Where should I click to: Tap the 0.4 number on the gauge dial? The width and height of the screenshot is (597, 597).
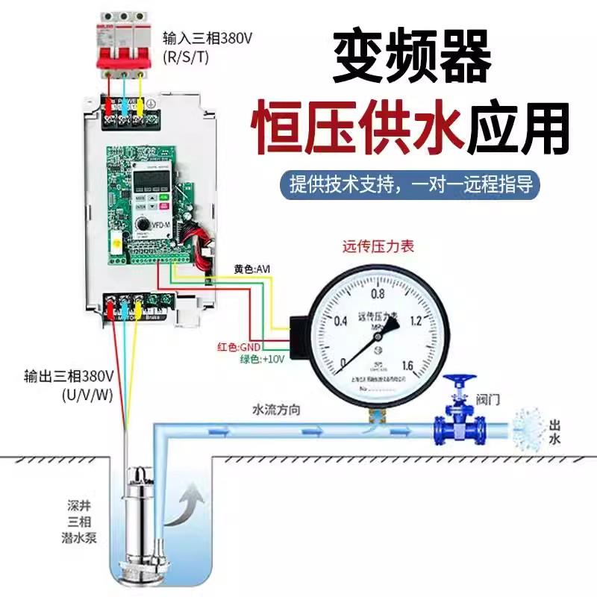tap(341, 322)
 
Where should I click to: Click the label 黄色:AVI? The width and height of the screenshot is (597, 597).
tap(251, 268)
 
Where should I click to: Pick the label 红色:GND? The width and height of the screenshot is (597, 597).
tap(238, 347)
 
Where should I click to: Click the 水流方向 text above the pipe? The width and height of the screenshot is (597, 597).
tap(276, 410)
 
